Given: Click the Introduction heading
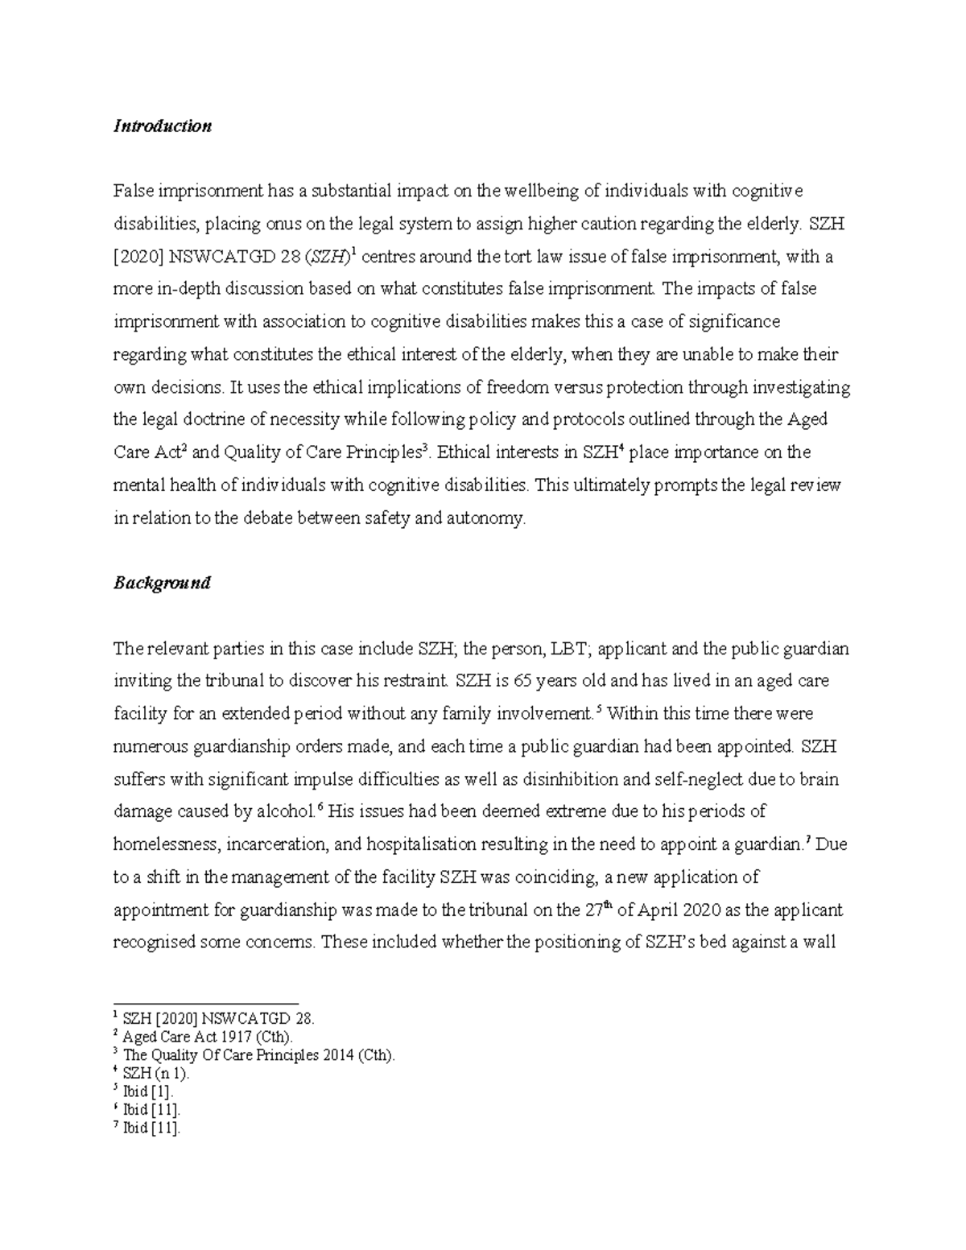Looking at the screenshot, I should pyautogui.click(x=163, y=126).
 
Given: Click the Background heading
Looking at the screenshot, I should pyautogui.click(x=162, y=583).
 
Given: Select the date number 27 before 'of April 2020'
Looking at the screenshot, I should pyautogui.click(x=592, y=910).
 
